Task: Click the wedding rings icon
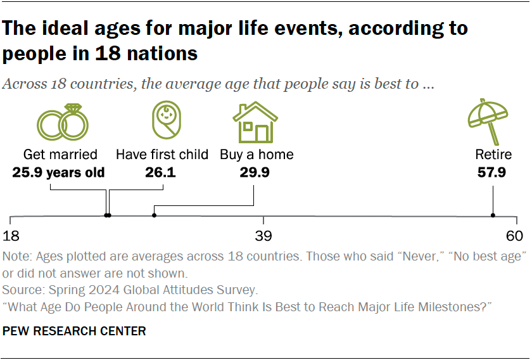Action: pos(61,122)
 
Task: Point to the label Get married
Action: pos(60,155)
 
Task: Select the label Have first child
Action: pos(162,155)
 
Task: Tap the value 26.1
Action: pos(163,172)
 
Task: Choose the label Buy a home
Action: pos(256,155)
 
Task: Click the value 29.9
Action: pos(254,172)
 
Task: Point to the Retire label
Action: pos(493,155)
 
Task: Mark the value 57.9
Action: pos(492,172)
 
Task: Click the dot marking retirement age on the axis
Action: pos(493,215)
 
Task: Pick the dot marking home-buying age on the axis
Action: pos(155,215)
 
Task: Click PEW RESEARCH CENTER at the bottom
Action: pos(74,331)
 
